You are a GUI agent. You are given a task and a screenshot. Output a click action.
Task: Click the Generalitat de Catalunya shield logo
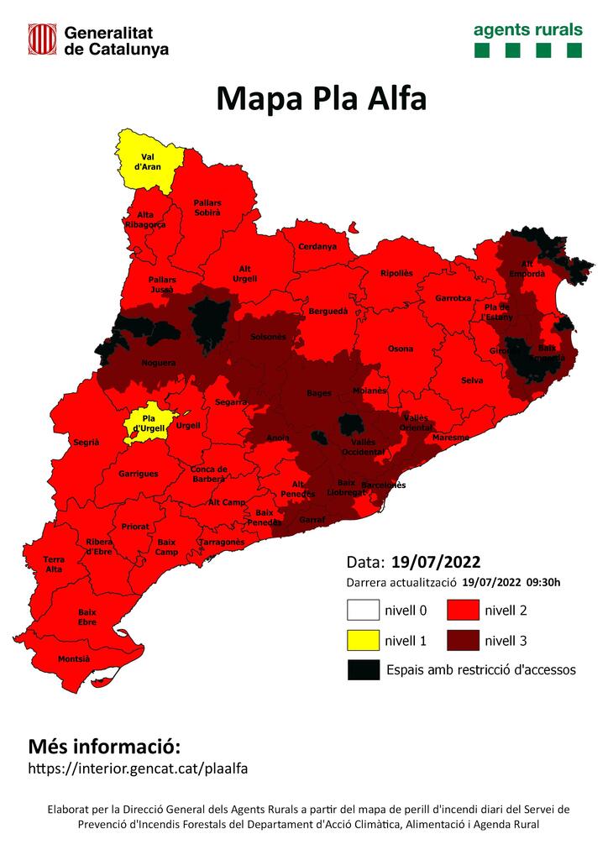[42, 39]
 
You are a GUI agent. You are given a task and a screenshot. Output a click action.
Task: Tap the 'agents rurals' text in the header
[527, 29]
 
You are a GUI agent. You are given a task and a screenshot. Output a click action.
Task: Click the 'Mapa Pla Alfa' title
[321, 98]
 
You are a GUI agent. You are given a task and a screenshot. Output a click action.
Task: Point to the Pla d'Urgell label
[152, 423]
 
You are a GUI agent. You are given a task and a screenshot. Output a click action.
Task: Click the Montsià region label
[74, 659]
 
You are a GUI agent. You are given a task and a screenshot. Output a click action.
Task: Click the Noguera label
[159, 363]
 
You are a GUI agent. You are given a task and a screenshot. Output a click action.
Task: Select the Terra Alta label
[54, 564]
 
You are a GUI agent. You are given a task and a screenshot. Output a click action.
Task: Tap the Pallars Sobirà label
[207, 207]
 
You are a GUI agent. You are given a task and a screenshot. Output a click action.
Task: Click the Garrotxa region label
[453, 299]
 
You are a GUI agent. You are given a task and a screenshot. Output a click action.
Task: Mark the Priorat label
[135, 527]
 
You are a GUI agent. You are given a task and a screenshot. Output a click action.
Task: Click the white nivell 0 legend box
[361, 610]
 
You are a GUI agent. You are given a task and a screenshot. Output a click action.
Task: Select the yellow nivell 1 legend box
[361, 641]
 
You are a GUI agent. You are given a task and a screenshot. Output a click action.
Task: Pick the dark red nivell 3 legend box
[462, 641]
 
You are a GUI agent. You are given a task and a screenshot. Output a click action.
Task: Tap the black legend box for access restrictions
[361, 669]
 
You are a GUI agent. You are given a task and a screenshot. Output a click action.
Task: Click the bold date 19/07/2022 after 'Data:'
[436, 561]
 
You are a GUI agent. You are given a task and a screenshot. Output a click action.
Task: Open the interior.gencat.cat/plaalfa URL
[139, 768]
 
